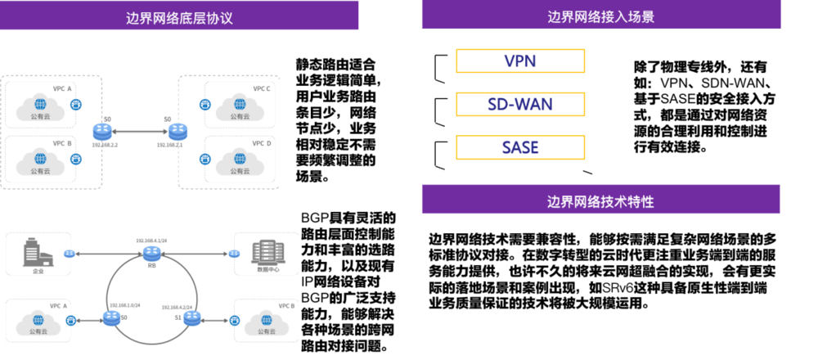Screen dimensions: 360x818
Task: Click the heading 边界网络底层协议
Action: coord(179,16)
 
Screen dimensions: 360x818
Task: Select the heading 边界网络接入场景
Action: coord(600,16)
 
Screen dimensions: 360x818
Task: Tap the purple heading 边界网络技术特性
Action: coord(600,200)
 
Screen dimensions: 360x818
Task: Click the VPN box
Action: coord(520,61)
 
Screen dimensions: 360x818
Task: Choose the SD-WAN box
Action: coord(520,104)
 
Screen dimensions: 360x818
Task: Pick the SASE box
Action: coord(520,147)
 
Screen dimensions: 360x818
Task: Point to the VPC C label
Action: coord(261,88)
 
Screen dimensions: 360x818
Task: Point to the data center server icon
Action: coord(266,252)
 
